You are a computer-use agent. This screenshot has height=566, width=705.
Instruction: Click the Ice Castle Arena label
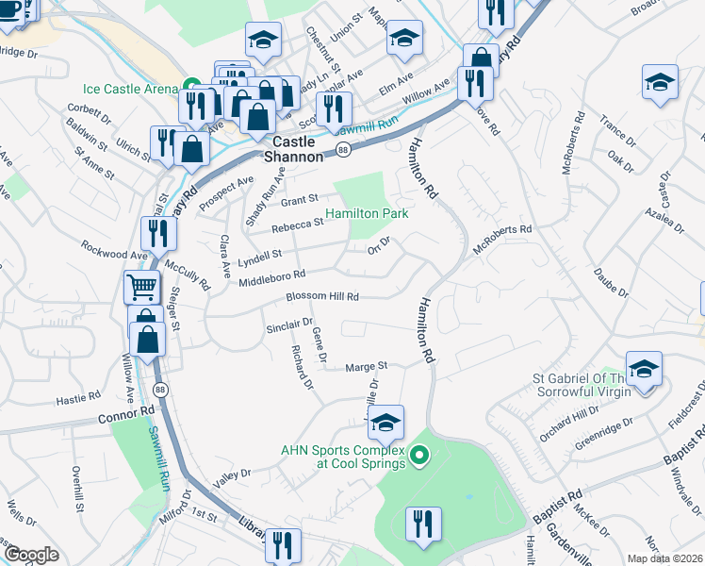click(130, 90)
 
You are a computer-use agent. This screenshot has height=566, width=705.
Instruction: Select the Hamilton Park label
click(367, 214)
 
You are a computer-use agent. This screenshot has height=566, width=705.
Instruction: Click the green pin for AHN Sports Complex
click(422, 459)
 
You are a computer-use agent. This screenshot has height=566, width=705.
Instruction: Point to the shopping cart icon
click(142, 287)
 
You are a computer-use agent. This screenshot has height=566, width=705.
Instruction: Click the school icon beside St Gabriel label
click(643, 369)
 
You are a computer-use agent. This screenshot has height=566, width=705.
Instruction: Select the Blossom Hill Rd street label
click(323, 296)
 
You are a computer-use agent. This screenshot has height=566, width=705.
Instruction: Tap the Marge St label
click(367, 366)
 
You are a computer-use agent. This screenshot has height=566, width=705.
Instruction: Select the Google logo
click(30, 555)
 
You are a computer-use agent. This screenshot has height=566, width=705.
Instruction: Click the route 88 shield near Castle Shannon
click(344, 150)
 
